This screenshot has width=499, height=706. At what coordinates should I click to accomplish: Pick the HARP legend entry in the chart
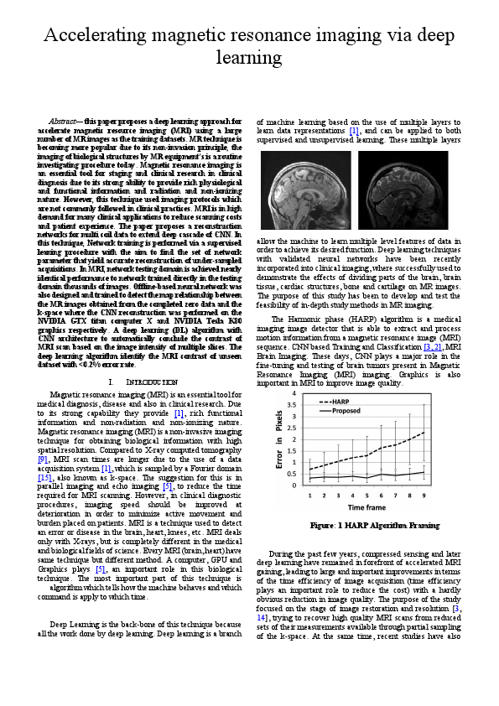(334, 402)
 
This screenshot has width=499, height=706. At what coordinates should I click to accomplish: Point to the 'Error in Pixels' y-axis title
(280, 439)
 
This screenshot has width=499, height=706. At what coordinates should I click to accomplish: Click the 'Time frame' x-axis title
(366, 507)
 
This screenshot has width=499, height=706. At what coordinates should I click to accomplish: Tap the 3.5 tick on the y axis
(292, 404)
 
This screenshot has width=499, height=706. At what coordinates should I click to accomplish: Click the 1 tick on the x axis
(309, 496)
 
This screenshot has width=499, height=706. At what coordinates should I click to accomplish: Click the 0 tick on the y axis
(294, 485)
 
